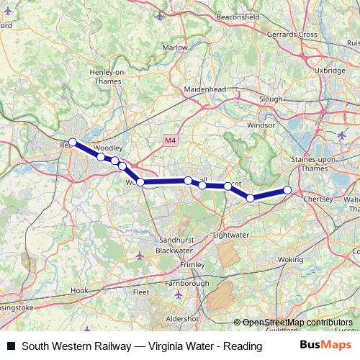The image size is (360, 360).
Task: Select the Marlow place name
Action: click(x=175, y=48)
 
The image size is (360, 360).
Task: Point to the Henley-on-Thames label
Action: click(x=107, y=77)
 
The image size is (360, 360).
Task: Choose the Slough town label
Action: click(x=270, y=98)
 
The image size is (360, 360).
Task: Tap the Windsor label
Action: click(x=261, y=125)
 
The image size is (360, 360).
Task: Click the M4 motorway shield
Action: click(x=170, y=140)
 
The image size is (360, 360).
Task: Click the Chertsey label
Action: click(x=318, y=198)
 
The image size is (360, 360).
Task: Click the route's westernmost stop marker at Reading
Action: click(x=72, y=143)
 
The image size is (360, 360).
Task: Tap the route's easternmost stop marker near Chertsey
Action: click(x=287, y=190)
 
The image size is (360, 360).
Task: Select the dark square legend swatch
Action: click(x=11, y=346)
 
